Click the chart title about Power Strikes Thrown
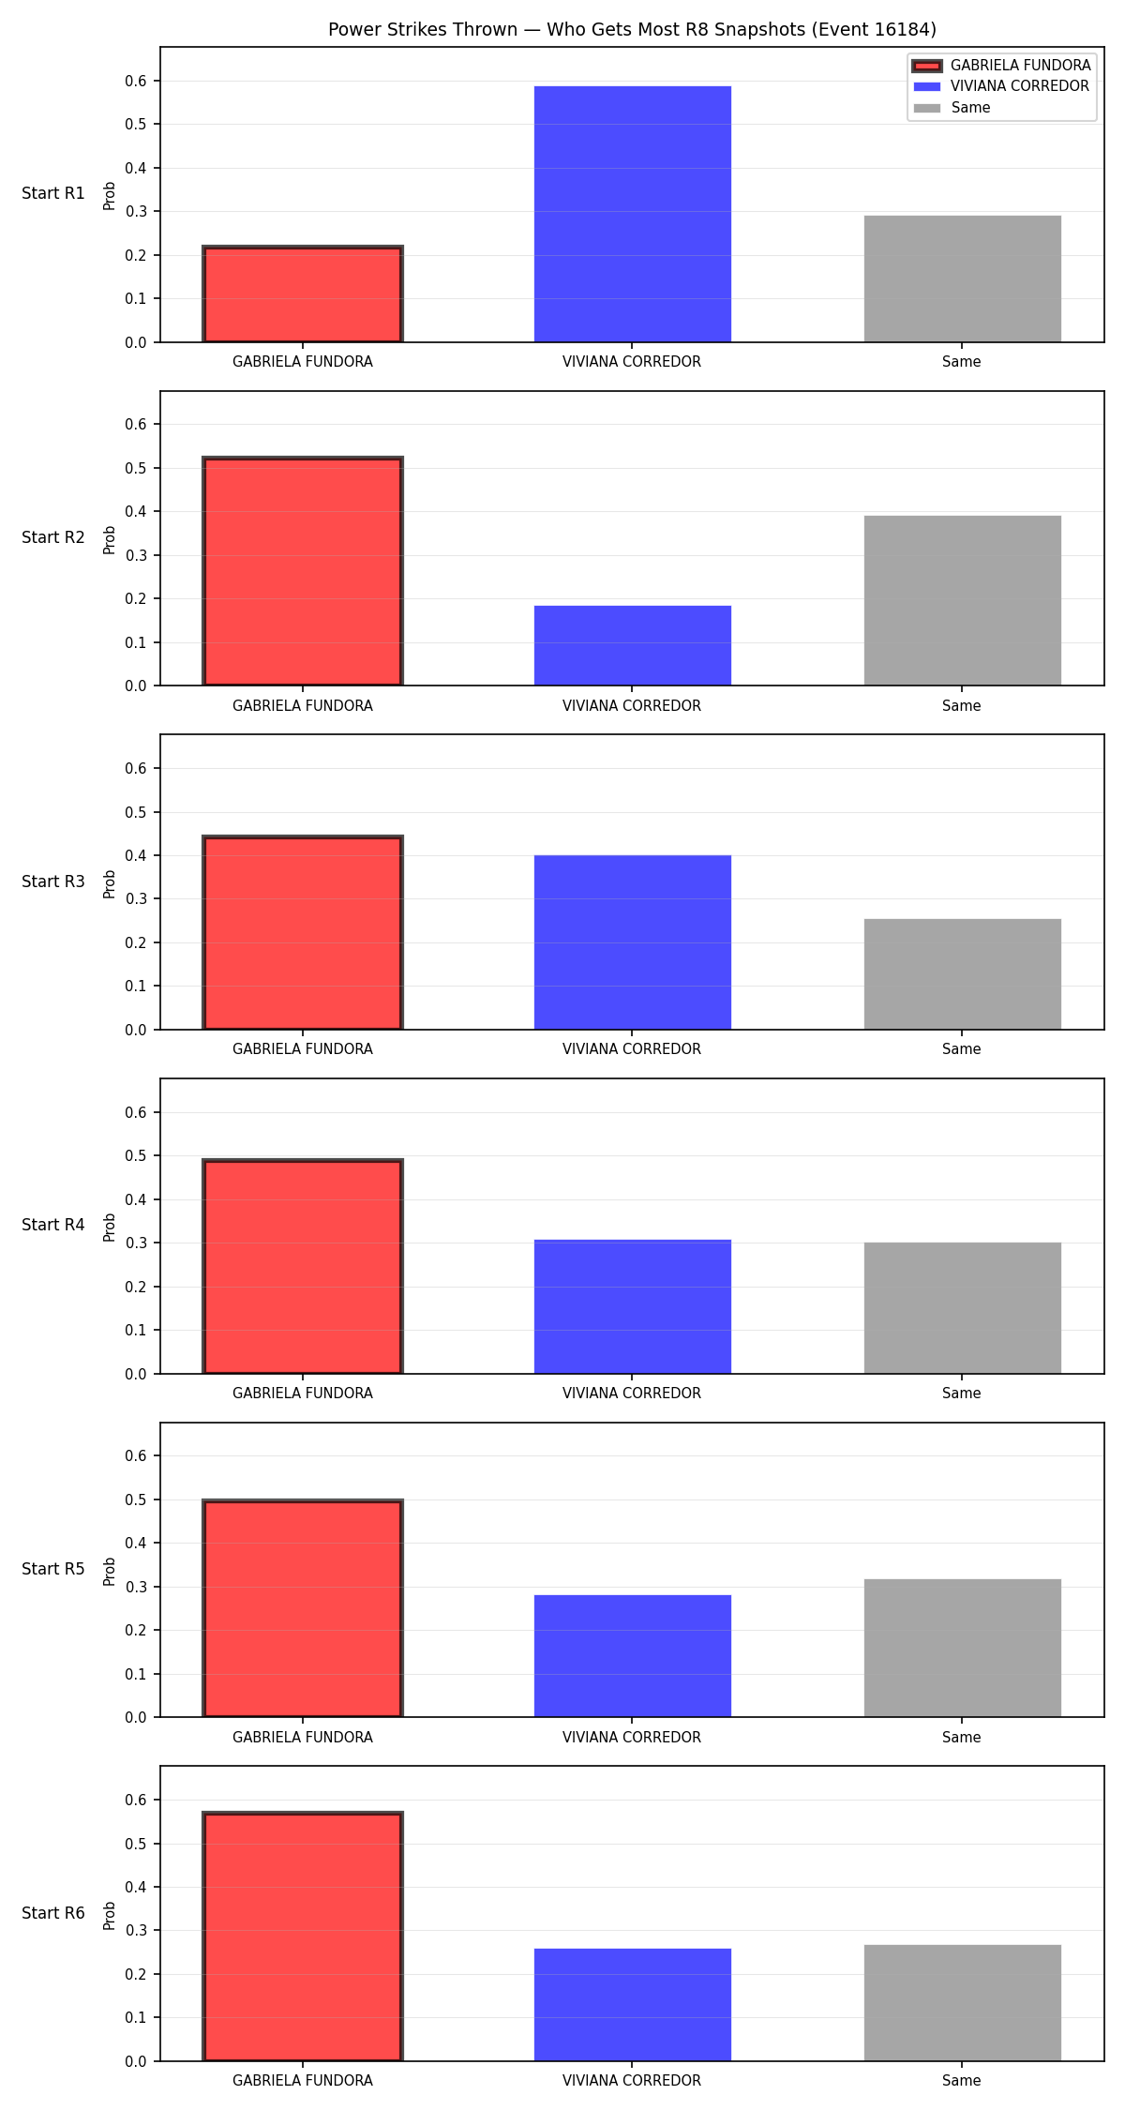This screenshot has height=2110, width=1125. [632, 30]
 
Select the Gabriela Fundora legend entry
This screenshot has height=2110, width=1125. [1002, 66]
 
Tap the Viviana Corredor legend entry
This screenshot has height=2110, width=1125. [1001, 86]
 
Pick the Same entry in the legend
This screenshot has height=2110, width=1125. [952, 108]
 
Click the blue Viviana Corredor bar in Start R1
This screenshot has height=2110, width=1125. [633, 214]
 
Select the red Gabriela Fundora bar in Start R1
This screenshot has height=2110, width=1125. [303, 294]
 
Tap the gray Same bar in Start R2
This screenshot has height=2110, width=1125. [963, 600]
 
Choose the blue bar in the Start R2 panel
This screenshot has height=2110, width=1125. [633, 645]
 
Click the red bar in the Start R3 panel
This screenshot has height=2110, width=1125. [303, 933]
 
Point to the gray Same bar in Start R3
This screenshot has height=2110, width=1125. [963, 974]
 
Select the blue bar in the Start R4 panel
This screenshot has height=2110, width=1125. [633, 1306]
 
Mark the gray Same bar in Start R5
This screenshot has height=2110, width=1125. [963, 1648]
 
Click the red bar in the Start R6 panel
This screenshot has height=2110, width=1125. [303, 1937]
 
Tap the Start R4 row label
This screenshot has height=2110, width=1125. [53, 1225]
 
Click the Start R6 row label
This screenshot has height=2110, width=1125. [53, 1913]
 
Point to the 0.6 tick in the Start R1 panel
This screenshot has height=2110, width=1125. [136, 81]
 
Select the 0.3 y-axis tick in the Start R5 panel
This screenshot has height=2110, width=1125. [136, 1587]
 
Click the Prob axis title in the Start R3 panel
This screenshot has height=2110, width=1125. [110, 883]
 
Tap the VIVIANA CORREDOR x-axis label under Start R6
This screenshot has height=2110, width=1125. [632, 2080]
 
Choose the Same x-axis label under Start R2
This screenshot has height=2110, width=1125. [962, 705]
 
